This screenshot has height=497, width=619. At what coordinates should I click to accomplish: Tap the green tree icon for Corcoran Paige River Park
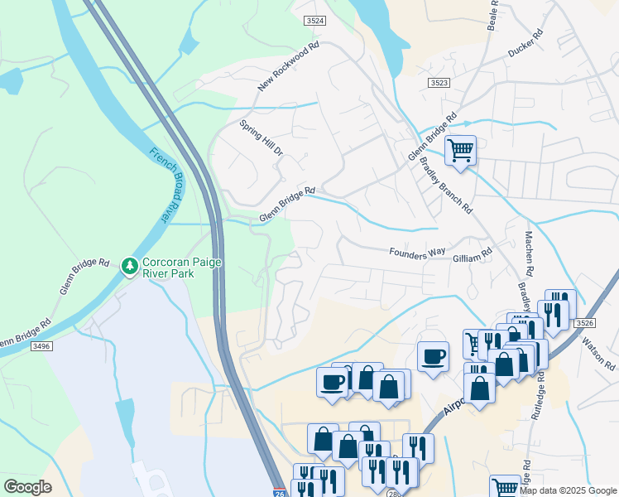(x=128, y=266)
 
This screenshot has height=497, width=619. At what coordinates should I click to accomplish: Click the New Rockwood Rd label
(x=287, y=69)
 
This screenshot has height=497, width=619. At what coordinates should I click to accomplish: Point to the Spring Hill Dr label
(x=262, y=138)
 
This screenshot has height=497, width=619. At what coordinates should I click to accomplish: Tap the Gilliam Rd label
(x=473, y=258)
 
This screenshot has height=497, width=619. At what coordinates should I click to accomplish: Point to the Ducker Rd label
(x=525, y=44)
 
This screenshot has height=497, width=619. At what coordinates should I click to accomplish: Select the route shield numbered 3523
(x=439, y=83)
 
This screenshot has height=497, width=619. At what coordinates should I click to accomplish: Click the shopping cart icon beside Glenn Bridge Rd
(x=460, y=150)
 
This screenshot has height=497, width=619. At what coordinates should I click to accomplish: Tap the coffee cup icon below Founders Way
(x=433, y=356)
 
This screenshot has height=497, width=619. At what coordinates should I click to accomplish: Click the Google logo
(x=28, y=486)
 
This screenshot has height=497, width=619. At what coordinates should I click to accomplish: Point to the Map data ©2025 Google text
(x=568, y=490)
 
